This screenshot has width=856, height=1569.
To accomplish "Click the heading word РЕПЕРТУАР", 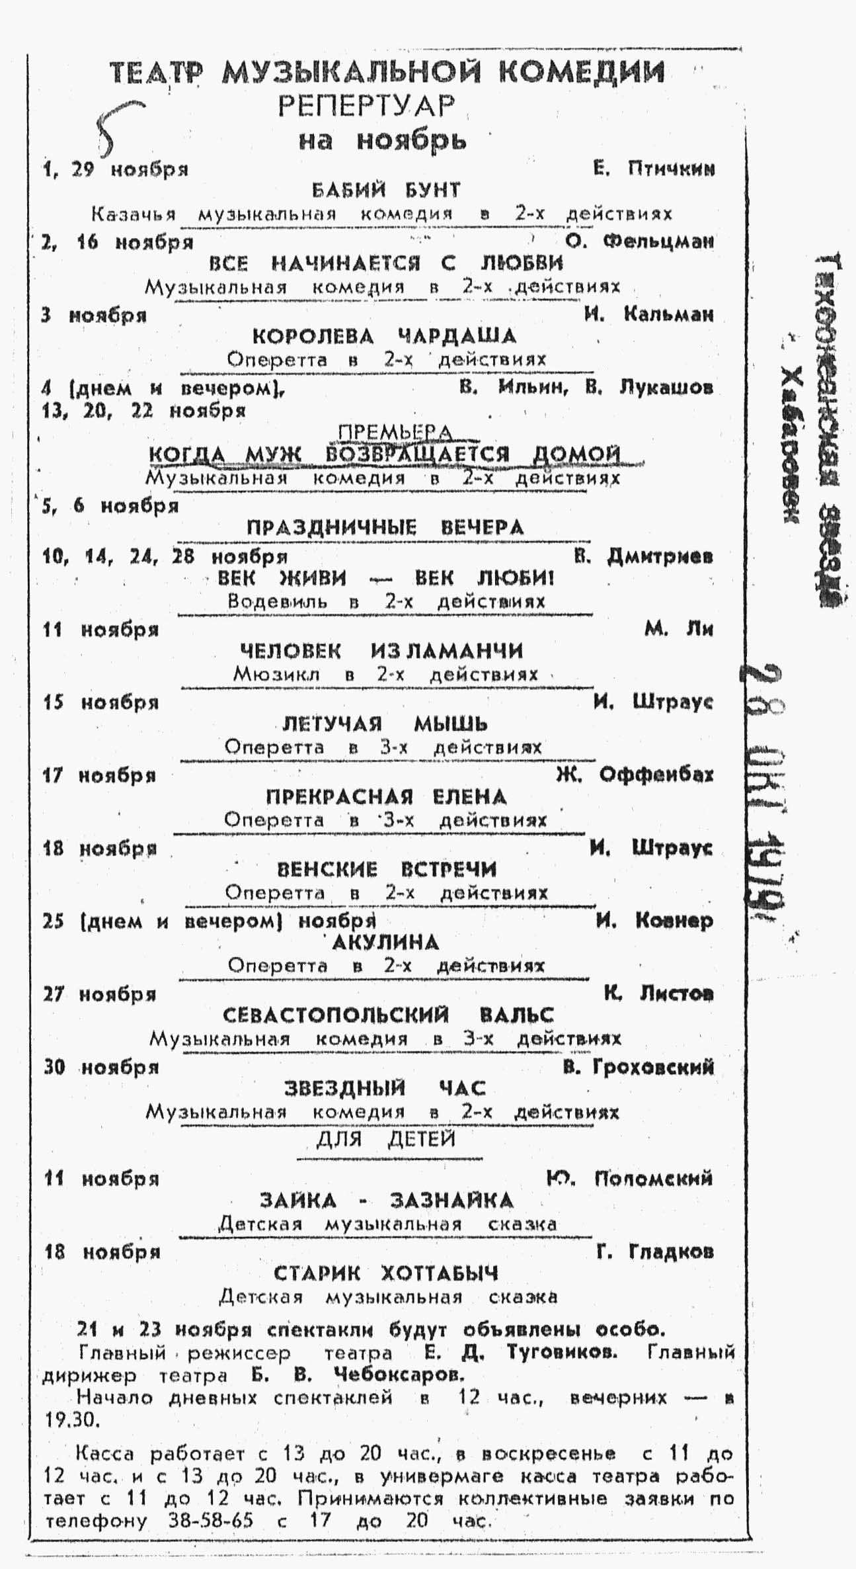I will point(367,106).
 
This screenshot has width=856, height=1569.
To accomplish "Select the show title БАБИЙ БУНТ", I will point(386,191).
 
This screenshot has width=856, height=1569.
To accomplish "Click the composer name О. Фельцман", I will point(640,241).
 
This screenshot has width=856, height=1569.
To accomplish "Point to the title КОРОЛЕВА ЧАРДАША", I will point(384,336).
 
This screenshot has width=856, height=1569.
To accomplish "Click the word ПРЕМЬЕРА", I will point(395,433).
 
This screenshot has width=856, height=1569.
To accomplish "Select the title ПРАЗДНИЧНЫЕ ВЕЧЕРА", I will point(385,528).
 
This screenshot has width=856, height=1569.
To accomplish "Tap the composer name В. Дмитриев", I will point(643,556).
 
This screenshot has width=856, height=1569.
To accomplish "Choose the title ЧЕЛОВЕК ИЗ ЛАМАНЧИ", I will point(381,651).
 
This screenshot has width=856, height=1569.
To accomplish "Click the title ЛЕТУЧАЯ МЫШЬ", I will point(385,724).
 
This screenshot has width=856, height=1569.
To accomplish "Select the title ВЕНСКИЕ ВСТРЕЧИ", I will point(386,869).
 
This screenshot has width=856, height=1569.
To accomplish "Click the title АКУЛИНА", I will point(385,942).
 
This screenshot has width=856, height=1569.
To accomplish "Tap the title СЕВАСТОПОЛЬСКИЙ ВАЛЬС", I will point(388,1015).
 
